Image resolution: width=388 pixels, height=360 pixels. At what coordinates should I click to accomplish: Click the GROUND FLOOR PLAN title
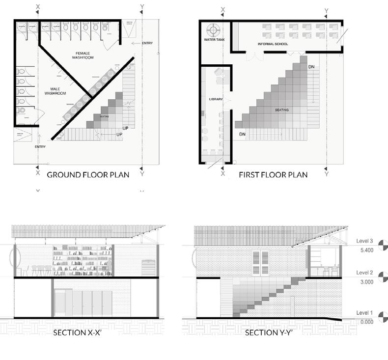pos(88,174)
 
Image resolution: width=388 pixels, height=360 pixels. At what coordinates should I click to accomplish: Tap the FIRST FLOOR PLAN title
pos(273,174)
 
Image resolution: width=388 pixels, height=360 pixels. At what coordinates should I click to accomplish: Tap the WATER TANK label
pos(214,39)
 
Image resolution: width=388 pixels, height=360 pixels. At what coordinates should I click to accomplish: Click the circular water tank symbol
pos(214,29)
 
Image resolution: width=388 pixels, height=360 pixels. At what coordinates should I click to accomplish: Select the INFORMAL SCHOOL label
pos(273,44)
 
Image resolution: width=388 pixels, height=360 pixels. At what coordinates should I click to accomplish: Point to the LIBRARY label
pos(216,99)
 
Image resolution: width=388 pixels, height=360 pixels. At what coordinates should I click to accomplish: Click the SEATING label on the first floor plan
pos(282,110)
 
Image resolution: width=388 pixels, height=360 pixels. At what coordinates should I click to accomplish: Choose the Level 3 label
pos(365,241)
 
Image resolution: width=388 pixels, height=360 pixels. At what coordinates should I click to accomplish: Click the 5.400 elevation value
pos(367,250)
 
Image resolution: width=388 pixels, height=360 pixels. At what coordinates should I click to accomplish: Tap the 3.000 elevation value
pos(367,282)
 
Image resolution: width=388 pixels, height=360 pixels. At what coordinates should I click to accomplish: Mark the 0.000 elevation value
pos(367,322)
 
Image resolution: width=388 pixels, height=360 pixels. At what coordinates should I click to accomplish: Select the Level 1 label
pos(365,313)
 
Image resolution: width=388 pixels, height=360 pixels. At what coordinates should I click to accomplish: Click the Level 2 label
pos(365,273)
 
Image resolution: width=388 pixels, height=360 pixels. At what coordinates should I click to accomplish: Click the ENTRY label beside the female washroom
pos(147,43)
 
